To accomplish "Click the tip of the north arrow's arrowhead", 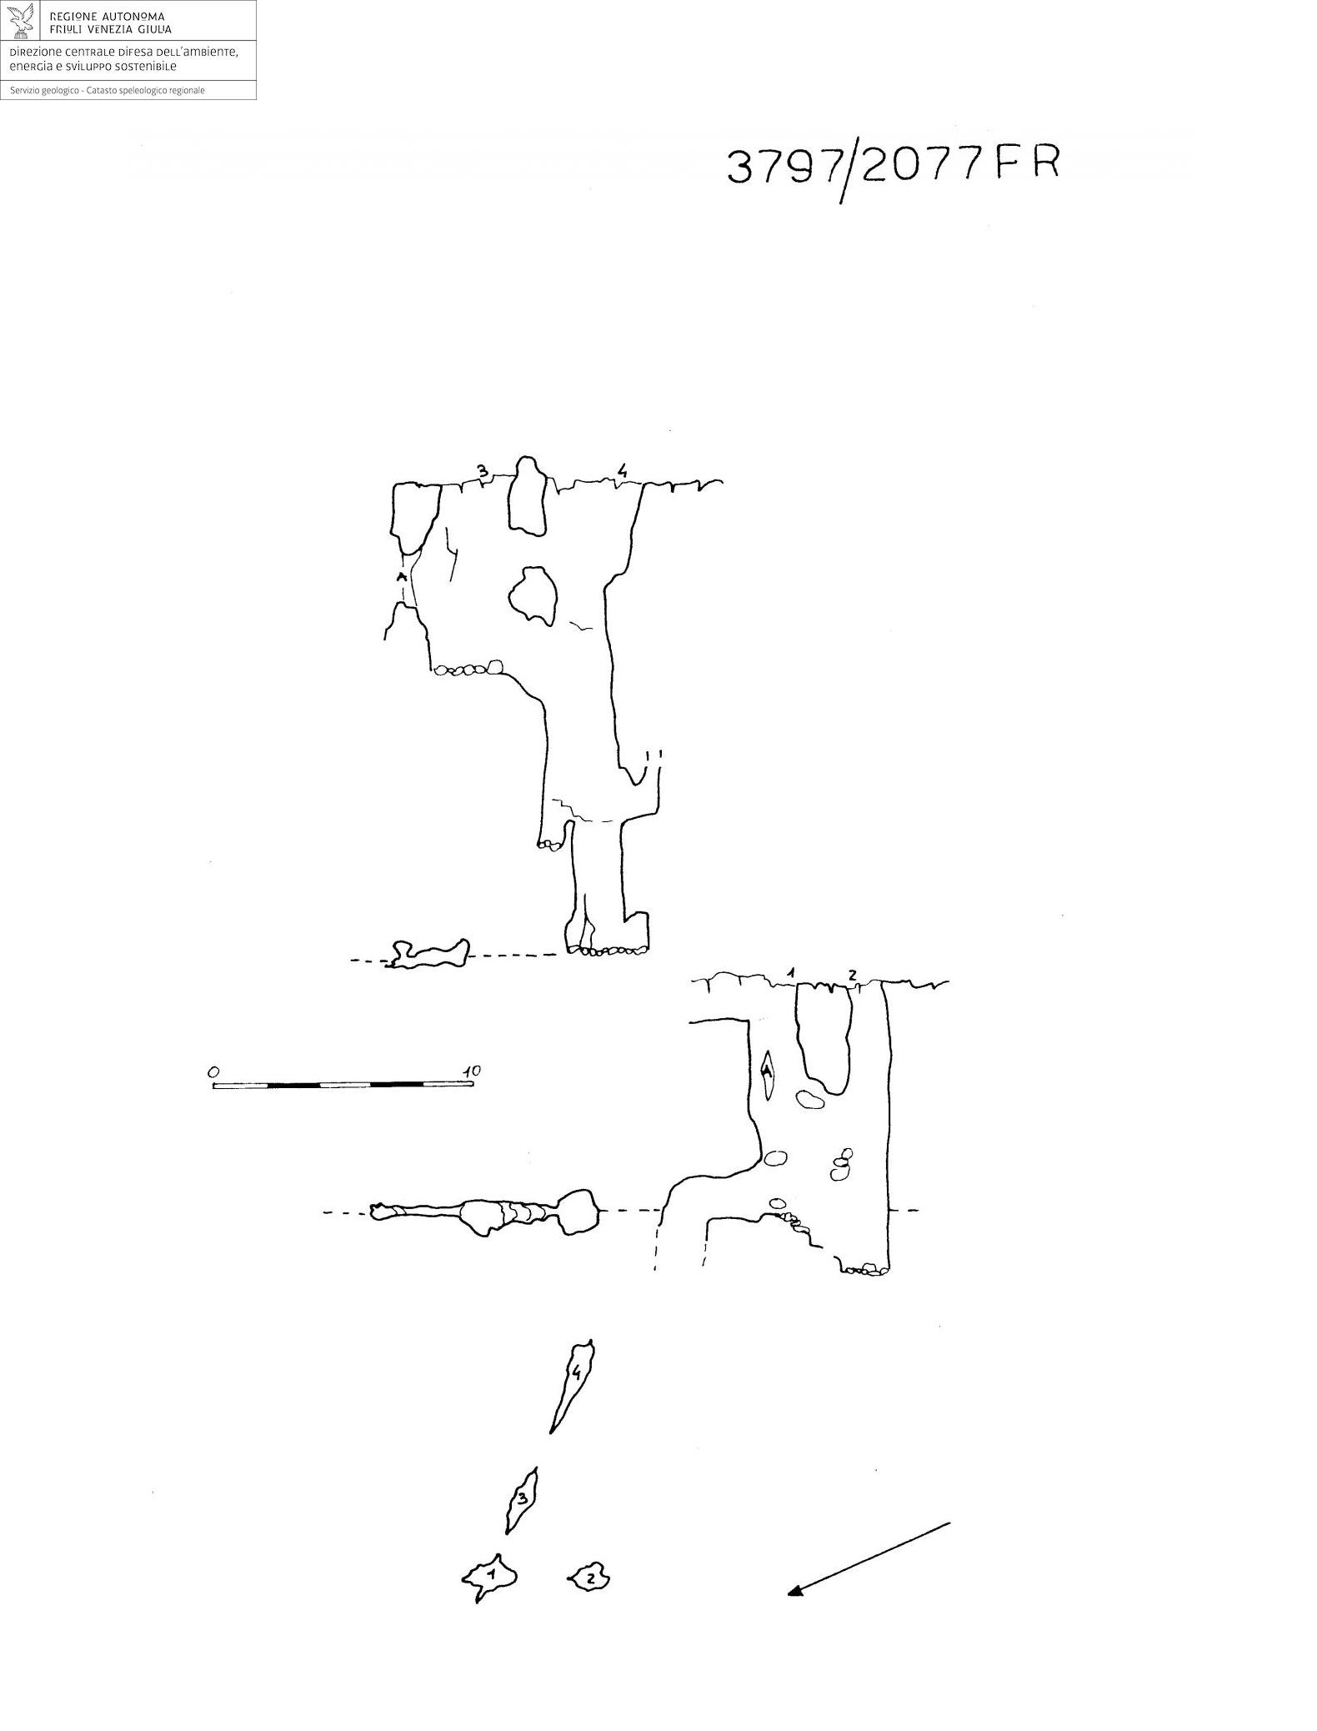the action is [789, 1594].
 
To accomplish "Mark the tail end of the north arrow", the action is [950, 1523].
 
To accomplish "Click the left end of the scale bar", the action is [213, 1085].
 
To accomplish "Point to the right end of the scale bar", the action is [473, 1084].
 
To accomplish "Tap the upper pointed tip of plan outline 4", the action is [591, 1341].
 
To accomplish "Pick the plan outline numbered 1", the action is [490, 1577].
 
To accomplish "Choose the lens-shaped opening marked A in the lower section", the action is [768, 1074].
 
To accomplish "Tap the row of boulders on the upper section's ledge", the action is [467, 669].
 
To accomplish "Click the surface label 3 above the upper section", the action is [482, 470].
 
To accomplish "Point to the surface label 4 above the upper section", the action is [621, 471].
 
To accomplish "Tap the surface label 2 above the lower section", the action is [852, 975].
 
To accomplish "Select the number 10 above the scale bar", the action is [471, 1071].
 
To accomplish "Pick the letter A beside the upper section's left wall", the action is [401, 577].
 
